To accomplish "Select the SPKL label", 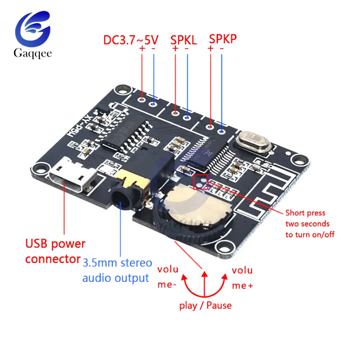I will tap(183, 40).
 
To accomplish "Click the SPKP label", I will tap(223, 39).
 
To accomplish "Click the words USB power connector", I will tap(55, 251).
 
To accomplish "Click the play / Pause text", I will tap(206, 306).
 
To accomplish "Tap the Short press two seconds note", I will tap(310, 224).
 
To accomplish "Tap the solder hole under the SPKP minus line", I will tap(222, 131).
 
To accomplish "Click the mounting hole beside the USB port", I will tap(42, 168).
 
